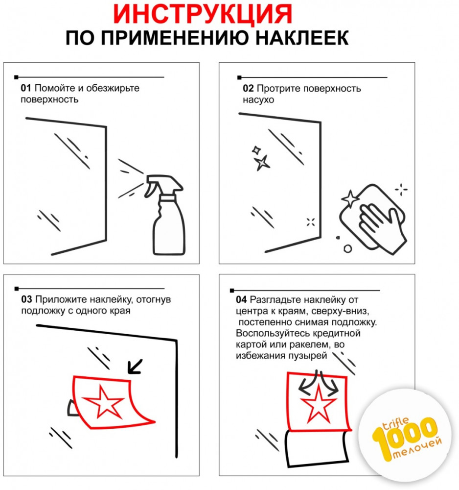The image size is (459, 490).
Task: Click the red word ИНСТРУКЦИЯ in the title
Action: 203,14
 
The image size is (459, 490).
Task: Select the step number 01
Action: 26,88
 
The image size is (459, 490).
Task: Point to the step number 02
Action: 248,88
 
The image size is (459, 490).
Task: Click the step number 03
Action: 26,299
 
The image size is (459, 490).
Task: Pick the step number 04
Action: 241,300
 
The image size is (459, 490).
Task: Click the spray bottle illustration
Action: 165,215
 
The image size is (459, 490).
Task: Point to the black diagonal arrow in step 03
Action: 135,366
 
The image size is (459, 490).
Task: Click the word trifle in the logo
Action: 395,424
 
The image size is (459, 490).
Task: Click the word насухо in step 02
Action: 258,100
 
